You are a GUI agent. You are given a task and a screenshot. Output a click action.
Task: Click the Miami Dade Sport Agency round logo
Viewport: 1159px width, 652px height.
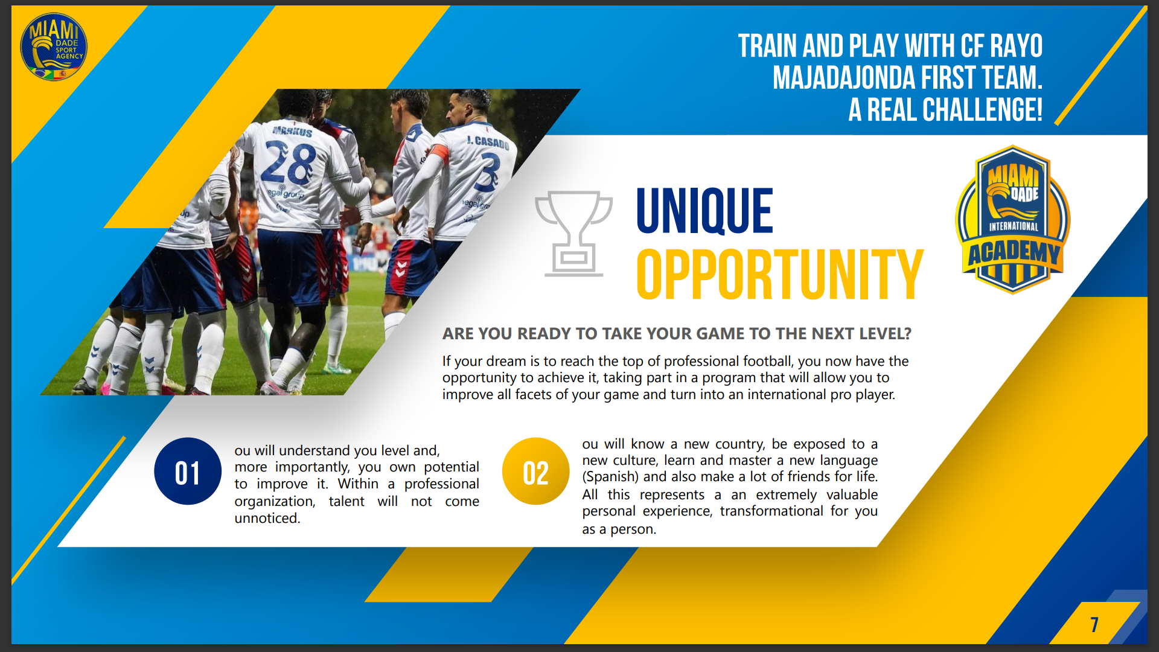[54, 47]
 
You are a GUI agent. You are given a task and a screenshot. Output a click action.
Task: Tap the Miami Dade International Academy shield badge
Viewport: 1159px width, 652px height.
[1013, 219]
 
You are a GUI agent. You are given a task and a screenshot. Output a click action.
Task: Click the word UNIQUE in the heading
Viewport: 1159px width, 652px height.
[704, 211]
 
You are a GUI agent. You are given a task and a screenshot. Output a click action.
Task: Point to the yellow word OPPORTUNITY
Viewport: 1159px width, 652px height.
[780, 275]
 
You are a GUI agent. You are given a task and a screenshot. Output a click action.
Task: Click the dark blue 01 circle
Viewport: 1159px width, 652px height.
[188, 471]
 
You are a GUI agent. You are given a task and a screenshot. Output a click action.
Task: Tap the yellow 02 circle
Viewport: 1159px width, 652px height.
[536, 471]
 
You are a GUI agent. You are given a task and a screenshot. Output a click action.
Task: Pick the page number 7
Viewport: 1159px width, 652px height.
[1094, 624]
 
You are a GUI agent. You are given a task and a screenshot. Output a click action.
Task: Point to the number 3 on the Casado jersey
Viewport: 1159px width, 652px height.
[490, 172]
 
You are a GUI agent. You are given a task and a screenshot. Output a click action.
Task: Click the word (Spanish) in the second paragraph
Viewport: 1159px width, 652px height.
[610, 477]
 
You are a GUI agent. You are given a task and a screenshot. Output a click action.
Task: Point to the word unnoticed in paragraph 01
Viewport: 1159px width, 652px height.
[267, 518]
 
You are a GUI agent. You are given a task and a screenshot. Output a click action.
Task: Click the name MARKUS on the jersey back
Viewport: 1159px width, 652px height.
[293, 131]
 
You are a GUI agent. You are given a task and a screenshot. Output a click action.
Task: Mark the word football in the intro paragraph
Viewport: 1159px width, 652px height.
[767, 361]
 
